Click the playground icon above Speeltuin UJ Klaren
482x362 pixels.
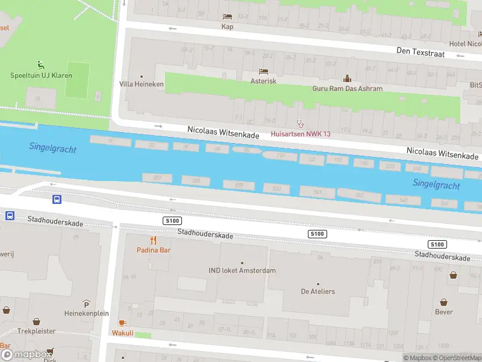click(x=40, y=65)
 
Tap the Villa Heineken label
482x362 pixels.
click(x=142, y=84)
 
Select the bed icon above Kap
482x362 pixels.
click(x=227, y=16)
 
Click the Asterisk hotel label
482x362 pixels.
click(x=263, y=81)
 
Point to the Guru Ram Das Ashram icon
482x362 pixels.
click(x=347, y=78)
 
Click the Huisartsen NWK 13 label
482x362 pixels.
click(x=301, y=134)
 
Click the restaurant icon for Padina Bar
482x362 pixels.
click(x=145, y=240)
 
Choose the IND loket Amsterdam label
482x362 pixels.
click(x=242, y=270)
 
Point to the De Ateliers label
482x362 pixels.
click(x=318, y=291)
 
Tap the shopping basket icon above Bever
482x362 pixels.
click(x=444, y=302)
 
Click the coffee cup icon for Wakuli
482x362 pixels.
click(x=122, y=323)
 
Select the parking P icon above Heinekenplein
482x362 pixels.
click(x=87, y=303)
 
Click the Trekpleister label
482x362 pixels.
click(x=36, y=331)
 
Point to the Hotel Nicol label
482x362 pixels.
click(x=465, y=44)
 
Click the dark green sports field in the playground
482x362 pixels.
click(x=77, y=79)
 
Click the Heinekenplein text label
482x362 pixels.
click(x=87, y=314)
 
